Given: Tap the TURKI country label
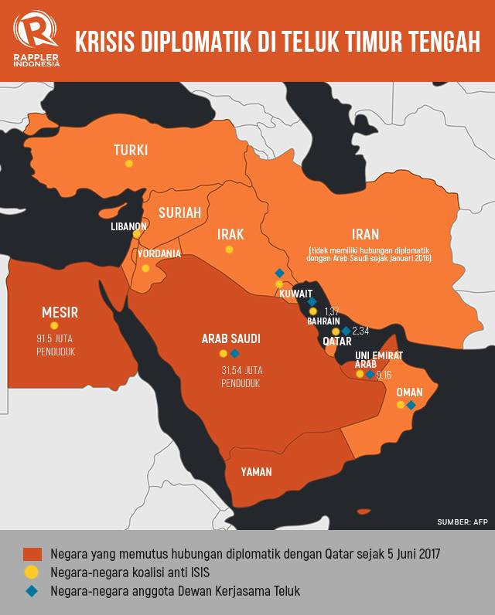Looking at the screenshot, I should (130, 150).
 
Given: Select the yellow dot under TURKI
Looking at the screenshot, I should (129, 164).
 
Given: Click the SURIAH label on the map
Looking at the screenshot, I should (179, 213).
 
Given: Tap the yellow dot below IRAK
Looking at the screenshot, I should (229, 250).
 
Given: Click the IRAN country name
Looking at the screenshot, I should (365, 234).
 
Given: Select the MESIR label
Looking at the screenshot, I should (60, 312).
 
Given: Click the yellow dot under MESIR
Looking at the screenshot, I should (54, 326).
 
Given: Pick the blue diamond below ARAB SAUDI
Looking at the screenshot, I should (235, 353).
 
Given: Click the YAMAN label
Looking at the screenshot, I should (256, 471).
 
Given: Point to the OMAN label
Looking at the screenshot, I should (409, 392).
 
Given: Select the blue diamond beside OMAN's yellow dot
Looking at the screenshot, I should (411, 405).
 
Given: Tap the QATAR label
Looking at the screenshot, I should (337, 341).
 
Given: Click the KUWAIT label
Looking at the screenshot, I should (297, 294).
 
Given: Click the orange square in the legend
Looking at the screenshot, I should (32, 555).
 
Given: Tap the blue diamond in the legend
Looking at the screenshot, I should (32, 591).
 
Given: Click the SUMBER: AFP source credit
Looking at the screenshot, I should (463, 522).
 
